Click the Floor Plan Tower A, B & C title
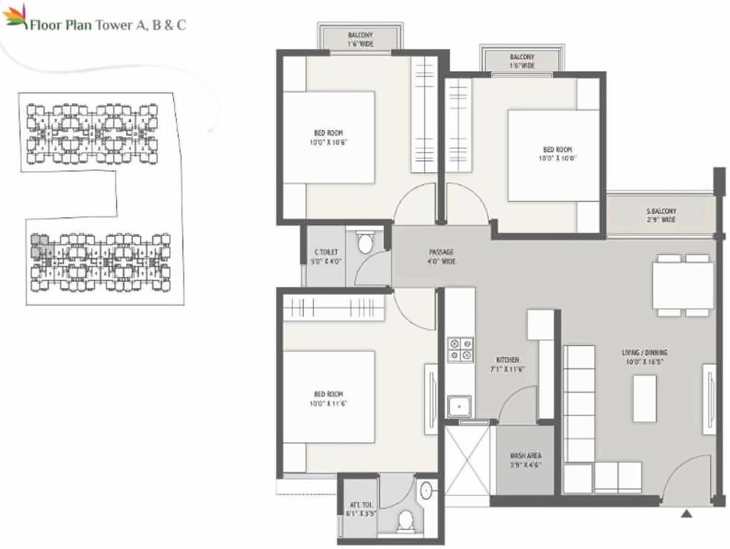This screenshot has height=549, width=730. click(x=108, y=26)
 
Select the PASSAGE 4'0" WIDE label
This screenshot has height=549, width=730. click(x=442, y=257)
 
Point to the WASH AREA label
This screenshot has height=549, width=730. click(x=525, y=460)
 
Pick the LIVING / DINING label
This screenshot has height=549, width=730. click(x=644, y=356)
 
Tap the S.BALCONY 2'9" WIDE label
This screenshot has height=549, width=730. click(x=661, y=215)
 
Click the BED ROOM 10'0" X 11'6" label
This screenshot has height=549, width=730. click(x=329, y=398)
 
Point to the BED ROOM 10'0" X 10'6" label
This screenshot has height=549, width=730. click(x=328, y=138)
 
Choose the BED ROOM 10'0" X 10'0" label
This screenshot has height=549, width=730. click(x=557, y=154)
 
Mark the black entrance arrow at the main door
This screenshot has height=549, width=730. click(x=686, y=515)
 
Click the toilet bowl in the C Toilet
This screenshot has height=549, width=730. click(x=365, y=243)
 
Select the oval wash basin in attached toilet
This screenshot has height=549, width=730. click(x=426, y=491)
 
